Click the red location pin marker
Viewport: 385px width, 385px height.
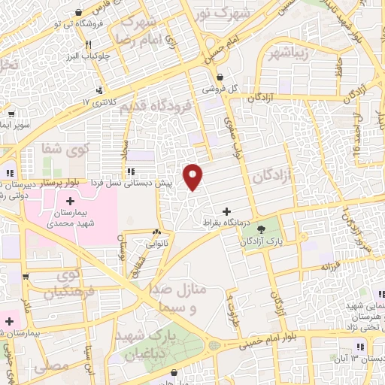pos(194,177)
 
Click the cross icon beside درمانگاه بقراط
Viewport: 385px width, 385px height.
pos(227,212)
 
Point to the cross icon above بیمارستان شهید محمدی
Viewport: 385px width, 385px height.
pos(71,202)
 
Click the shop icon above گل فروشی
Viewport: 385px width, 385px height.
pos(219,77)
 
